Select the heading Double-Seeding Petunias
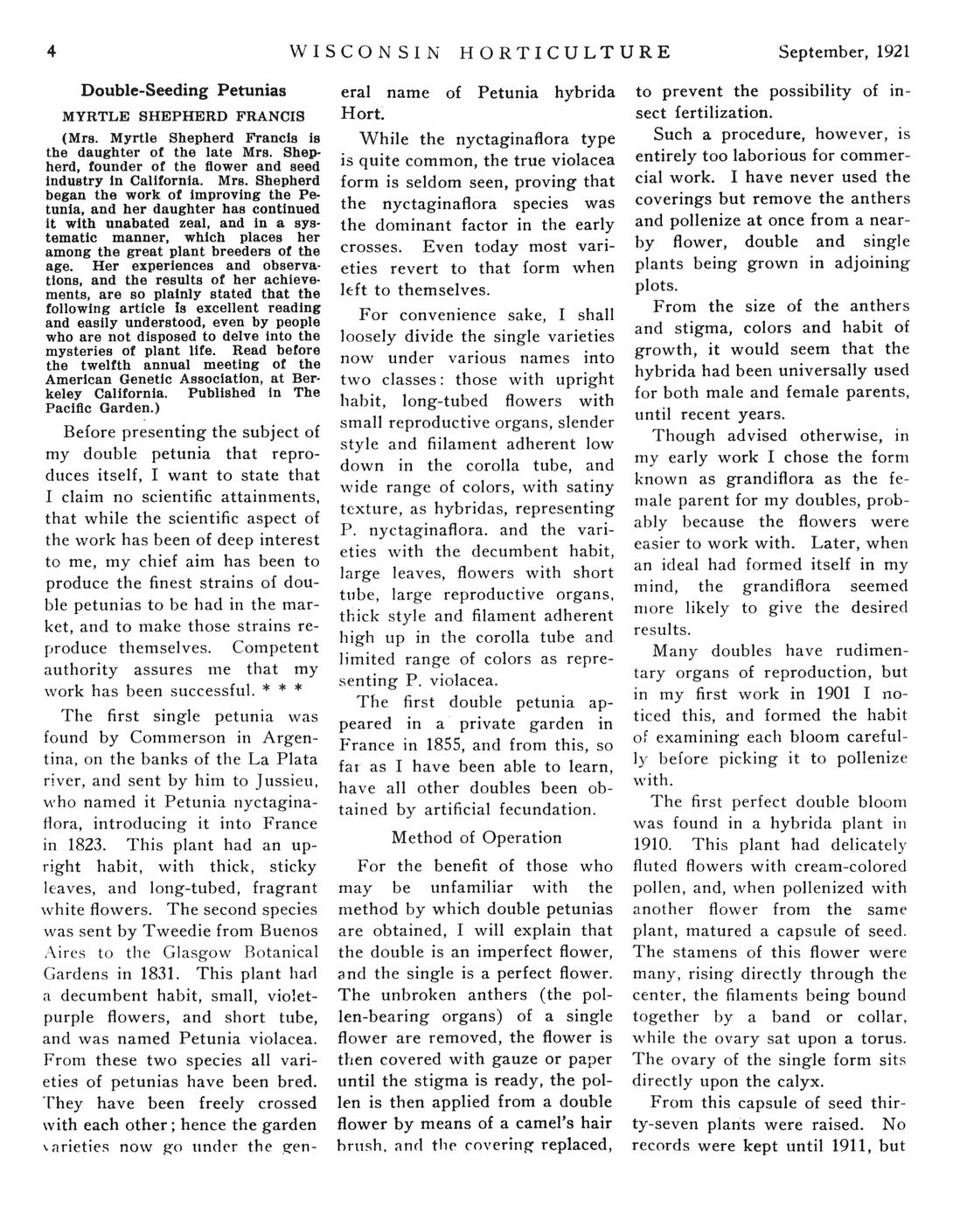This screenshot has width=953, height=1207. [x=184, y=89]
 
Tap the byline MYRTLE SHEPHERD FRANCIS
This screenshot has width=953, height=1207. [x=184, y=115]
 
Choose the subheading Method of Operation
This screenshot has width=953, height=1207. [x=476, y=837]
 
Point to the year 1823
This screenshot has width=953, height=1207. [x=87, y=845]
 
